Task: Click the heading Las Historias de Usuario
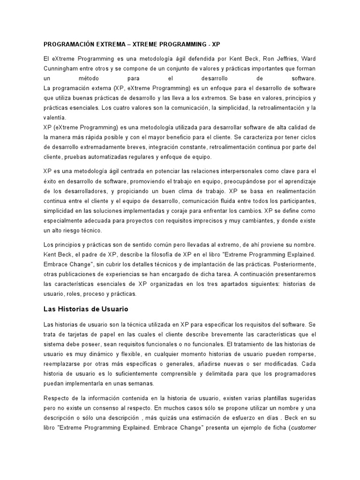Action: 85,309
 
